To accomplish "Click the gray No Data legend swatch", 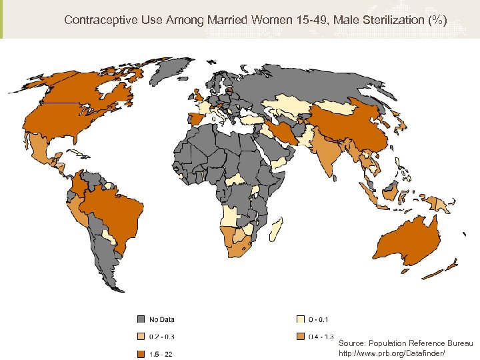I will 141,319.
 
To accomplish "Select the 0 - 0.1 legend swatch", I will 301,319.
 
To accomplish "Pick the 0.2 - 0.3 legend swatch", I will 141,337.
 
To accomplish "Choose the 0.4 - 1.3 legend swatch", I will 301,337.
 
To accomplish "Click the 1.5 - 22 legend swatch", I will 141,353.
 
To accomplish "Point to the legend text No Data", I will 162,319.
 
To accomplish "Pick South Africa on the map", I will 241,245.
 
